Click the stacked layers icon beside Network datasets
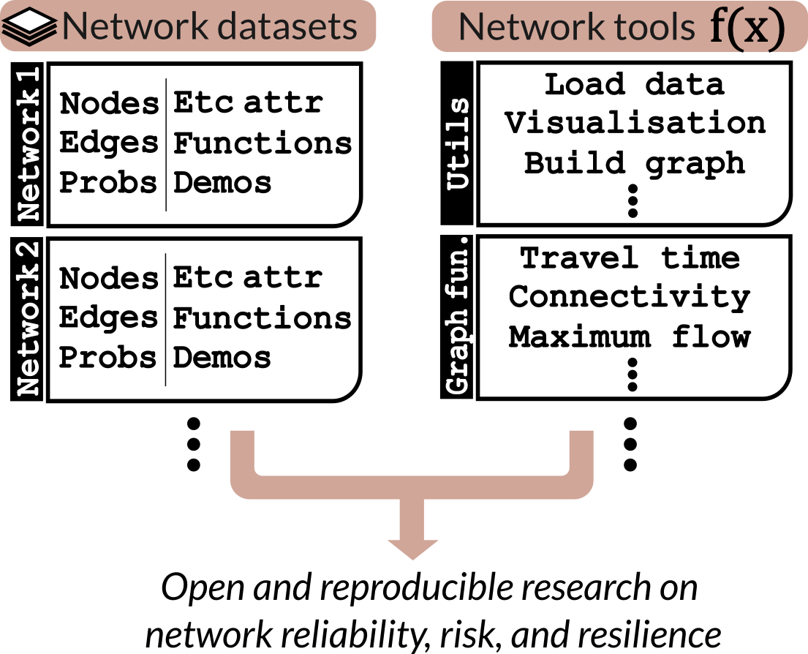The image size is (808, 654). [29, 26]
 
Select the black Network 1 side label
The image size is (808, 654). [28, 143]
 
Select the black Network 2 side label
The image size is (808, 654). [28, 318]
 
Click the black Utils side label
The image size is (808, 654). [458, 143]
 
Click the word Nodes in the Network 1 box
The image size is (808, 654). [109, 104]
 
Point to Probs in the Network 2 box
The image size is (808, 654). [107, 358]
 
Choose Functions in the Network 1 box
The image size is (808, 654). [262, 143]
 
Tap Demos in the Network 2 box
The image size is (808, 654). [222, 358]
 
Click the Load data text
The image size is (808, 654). [634, 84]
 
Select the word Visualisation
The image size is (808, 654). [635, 123]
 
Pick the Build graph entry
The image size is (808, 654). [635, 162]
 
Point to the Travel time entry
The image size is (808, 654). [630, 258]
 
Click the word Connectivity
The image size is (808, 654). [630, 297]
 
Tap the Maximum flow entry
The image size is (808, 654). [630, 337]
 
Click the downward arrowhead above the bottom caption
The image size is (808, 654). [412, 545]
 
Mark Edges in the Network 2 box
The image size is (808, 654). [108, 318]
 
